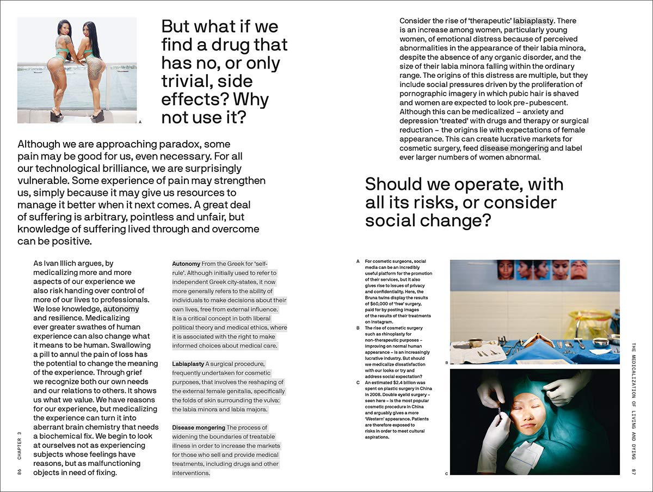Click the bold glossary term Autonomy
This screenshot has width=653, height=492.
point(186,263)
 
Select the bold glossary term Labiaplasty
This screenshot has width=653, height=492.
point(188,364)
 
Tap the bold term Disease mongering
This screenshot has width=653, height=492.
point(198,428)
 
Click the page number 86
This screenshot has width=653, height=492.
point(20,471)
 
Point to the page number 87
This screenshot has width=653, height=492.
point(633,470)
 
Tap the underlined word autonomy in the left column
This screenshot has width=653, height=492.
point(121,309)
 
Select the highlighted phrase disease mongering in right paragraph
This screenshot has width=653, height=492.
point(514,148)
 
